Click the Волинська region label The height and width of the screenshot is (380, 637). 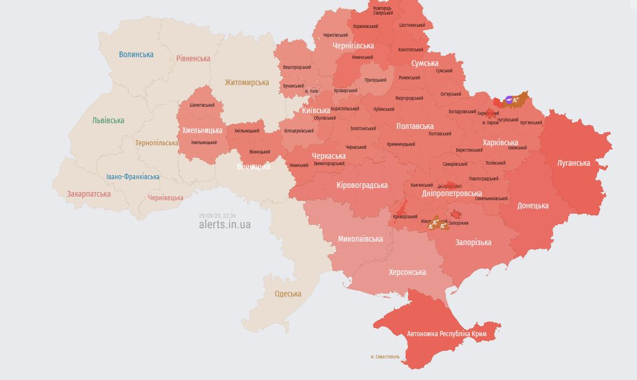tap(136, 54)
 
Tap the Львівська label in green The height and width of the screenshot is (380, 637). tap(108, 120)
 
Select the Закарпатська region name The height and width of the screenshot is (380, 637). tap(89, 194)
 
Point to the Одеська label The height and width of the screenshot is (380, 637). tap(288, 294)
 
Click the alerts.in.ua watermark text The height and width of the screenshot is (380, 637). tap(224, 225)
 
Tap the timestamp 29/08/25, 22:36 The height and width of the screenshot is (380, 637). tap(217, 215)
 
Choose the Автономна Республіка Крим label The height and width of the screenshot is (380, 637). tap(446, 334)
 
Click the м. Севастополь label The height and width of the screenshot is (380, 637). tap(385, 356)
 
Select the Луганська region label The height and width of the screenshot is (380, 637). tap(573, 163)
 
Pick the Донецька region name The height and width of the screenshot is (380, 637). tap(533, 205)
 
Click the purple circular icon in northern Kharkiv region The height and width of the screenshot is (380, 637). tap(510, 100)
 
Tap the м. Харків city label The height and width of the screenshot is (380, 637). tap(490, 123)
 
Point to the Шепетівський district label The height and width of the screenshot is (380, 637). tap(202, 105)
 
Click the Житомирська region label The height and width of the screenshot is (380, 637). tap(247, 82)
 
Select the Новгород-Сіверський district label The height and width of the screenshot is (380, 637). tap(382, 10)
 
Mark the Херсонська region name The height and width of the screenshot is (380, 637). tap(407, 272)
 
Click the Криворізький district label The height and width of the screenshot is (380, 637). tap(405, 217)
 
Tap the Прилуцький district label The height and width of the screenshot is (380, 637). tap(375, 80)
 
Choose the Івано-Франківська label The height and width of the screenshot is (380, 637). tap(133, 177)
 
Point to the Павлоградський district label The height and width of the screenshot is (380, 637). tap(483, 179)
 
